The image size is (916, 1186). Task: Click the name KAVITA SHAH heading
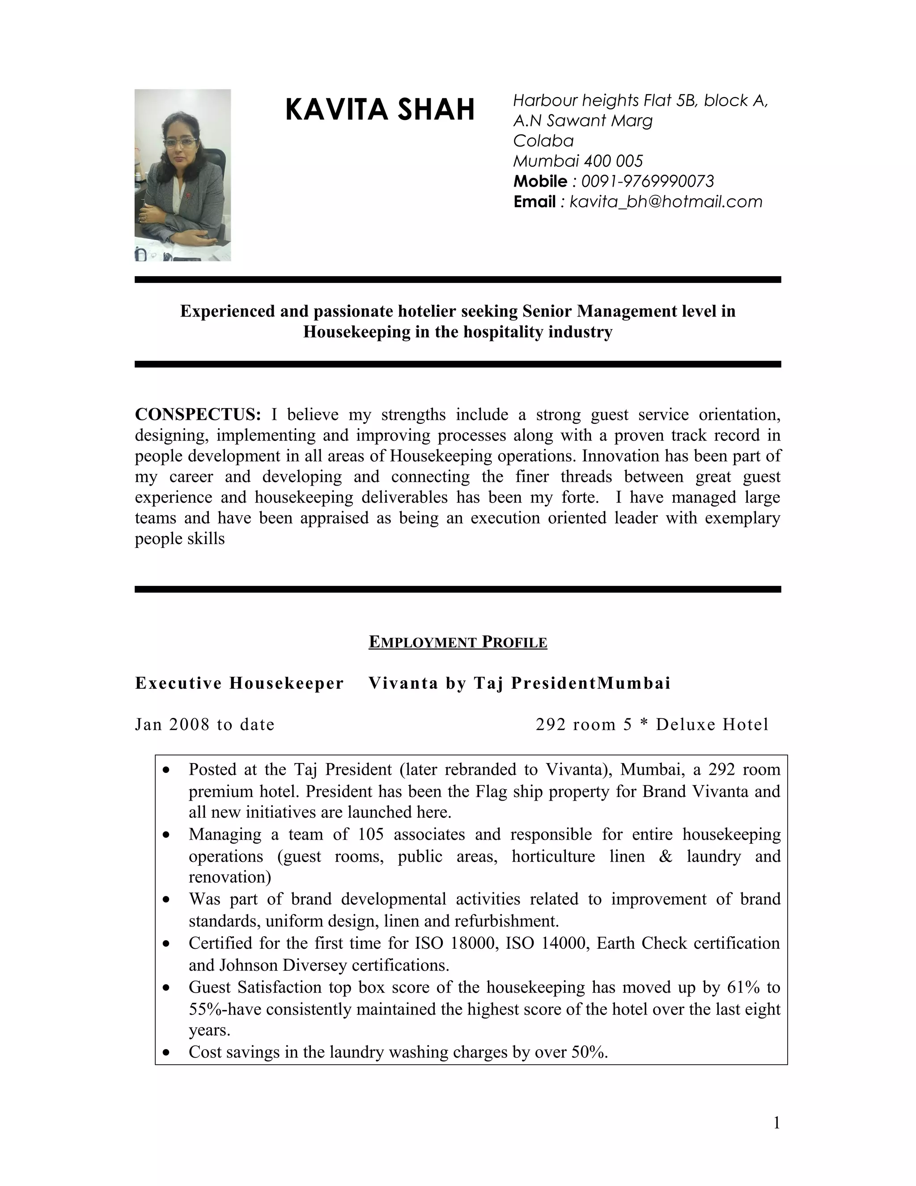pos(379,109)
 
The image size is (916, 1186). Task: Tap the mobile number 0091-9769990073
pos(647,181)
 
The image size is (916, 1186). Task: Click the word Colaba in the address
pos(543,141)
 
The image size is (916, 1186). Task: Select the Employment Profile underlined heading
pos(458,642)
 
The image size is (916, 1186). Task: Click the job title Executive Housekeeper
pos(239,683)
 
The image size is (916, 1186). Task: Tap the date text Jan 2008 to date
pos(204,725)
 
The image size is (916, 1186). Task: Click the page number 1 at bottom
pos(776,1123)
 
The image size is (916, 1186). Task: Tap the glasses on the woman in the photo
pos(181,142)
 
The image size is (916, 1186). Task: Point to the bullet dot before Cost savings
pos(166,1053)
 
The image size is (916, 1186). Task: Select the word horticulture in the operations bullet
pos(553,856)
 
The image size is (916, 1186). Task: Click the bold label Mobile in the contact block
pos(540,181)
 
